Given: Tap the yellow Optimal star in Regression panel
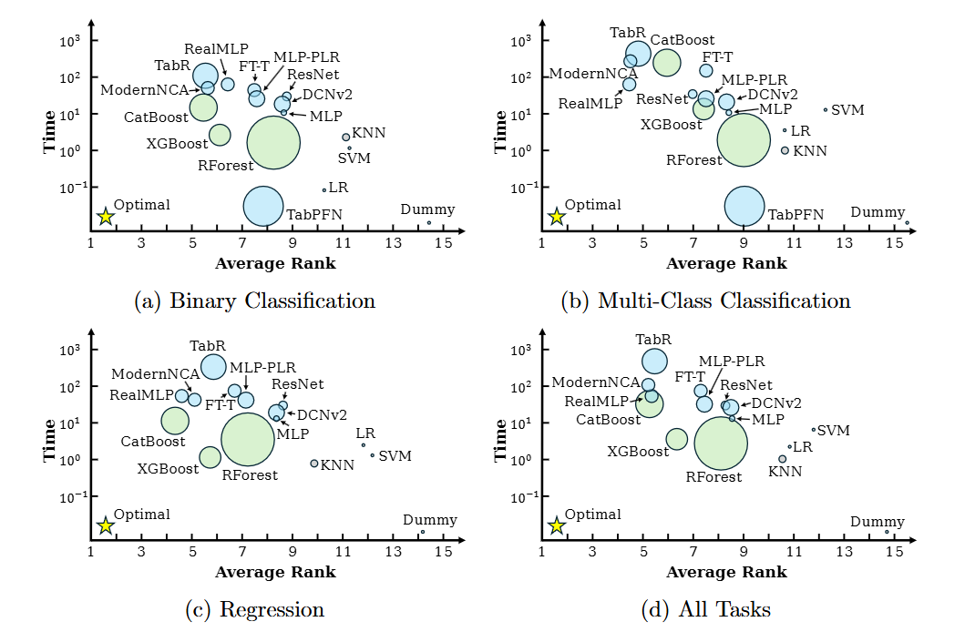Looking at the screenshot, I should point(106,525).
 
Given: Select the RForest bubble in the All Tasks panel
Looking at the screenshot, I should point(721,443).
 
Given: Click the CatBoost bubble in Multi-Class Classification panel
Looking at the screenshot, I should point(666,62).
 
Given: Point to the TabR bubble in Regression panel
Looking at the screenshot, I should point(213,366).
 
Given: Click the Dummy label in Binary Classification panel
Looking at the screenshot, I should point(422,210).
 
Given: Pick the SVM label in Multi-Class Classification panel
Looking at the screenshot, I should point(848,110).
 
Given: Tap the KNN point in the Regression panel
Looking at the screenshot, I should point(314,463).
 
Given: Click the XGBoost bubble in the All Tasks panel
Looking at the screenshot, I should point(676,439).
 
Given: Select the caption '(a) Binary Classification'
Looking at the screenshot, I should point(254,301).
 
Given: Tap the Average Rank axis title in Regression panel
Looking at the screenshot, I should point(275,573).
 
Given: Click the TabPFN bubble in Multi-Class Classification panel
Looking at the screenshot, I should point(744,206).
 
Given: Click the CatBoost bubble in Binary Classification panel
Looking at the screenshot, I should point(203,107).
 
